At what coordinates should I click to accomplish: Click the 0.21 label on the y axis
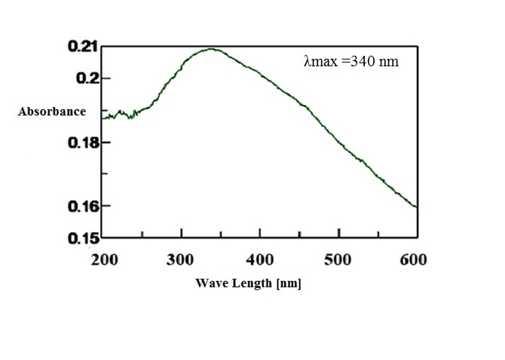pos(82,47)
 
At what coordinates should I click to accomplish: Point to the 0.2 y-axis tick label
pos(87,79)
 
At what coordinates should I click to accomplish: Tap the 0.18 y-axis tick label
pos(82,143)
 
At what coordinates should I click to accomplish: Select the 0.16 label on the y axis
pos(82,206)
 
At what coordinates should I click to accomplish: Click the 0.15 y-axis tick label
pos(82,239)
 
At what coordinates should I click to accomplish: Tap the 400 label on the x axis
pos(260,260)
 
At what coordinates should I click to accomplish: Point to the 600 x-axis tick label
pos(412,260)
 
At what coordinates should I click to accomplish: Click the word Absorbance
pos(52,111)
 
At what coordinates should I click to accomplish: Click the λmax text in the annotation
pos(320,62)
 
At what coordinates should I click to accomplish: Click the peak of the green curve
pos(212,50)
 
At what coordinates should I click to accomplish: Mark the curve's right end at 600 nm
pos(416,207)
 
